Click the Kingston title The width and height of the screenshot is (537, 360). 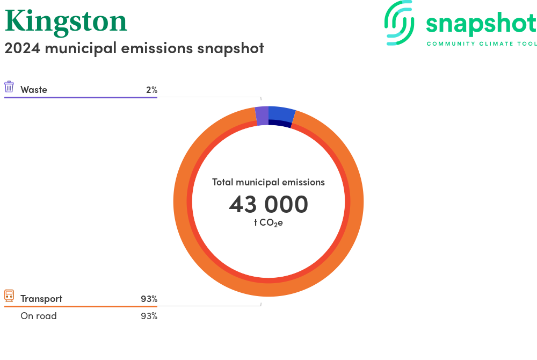tap(66, 22)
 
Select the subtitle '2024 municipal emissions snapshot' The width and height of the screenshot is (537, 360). tap(134, 48)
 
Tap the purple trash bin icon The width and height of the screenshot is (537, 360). tap(9, 87)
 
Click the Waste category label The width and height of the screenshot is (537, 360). tap(33, 90)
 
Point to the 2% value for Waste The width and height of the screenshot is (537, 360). tap(152, 90)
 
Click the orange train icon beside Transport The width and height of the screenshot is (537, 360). tap(9, 296)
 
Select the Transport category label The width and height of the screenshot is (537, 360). tap(41, 299)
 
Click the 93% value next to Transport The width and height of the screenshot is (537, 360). tap(149, 299)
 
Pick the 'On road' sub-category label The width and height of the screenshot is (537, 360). tap(39, 316)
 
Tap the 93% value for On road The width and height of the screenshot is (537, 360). tap(149, 316)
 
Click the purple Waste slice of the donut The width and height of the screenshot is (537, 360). tap(263, 116)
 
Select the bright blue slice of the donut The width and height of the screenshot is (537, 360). tap(281, 114)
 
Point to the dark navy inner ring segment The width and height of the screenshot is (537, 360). tap(280, 124)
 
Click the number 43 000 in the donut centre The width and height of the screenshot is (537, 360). tap(268, 205)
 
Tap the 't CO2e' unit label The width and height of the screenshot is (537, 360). tap(268, 223)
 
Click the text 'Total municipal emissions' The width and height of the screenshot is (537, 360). tap(268, 182)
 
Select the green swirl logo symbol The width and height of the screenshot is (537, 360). tap(399, 23)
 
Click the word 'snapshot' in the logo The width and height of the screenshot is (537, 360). tap(481, 24)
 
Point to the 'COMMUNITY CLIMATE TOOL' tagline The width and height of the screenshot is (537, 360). tap(482, 44)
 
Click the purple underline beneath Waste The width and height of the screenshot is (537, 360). tap(81, 98)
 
